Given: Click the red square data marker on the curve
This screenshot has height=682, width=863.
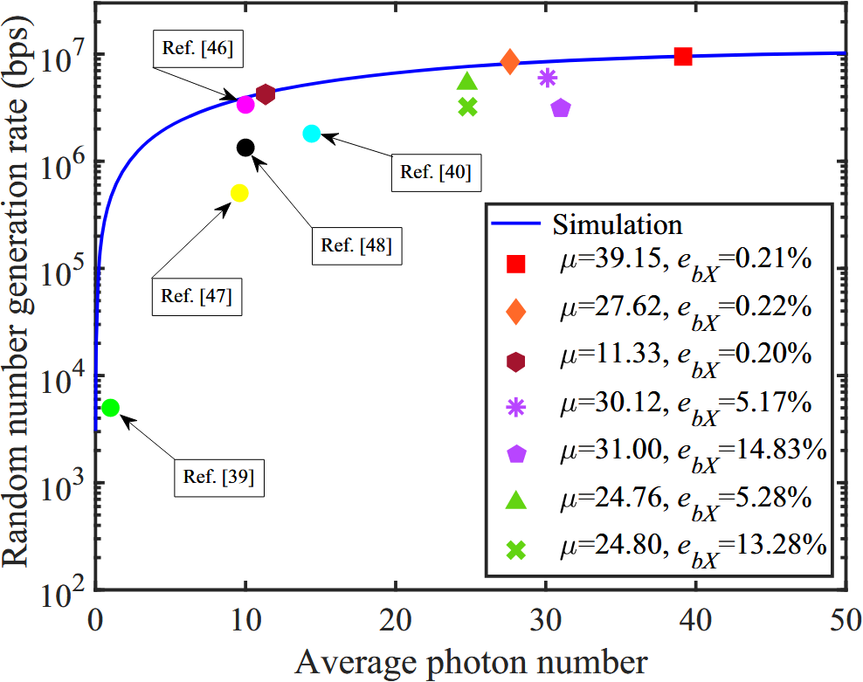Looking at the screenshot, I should tap(683, 56).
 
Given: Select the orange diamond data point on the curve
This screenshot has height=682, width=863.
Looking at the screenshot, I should tap(510, 61).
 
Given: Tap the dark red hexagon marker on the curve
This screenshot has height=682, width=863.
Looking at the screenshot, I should tap(266, 94).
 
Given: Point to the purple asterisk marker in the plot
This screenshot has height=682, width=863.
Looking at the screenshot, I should tap(548, 78).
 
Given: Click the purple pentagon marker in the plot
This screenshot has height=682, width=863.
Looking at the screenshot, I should tap(561, 109).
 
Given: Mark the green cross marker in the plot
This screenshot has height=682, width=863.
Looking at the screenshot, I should tap(467, 107).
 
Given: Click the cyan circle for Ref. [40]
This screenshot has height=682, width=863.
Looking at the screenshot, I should tap(312, 134).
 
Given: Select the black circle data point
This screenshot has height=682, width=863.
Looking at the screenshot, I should tap(245, 148).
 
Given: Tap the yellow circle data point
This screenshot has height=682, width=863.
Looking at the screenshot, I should tap(239, 193).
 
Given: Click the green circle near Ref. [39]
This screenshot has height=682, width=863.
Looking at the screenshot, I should tap(110, 408).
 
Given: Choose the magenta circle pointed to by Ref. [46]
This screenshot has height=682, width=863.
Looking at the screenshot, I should tap(245, 104).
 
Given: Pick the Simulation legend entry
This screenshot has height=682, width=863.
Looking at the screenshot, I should tap(617, 224).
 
